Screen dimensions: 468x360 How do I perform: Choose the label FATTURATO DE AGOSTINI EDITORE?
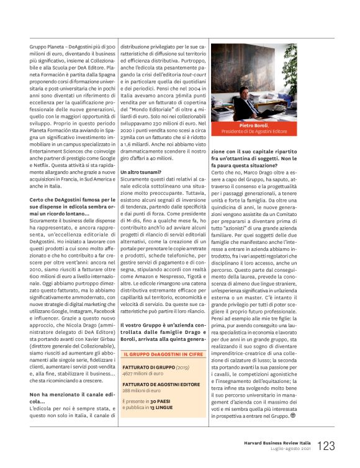161,384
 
